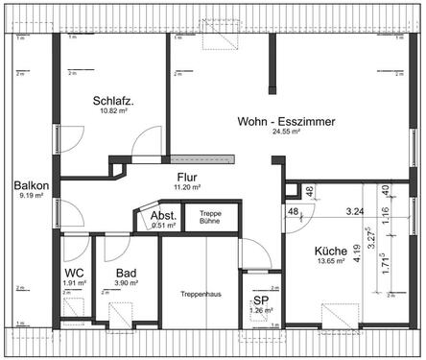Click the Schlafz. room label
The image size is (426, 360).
[x=113, y=101]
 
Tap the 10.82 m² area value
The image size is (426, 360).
[x=113, y=112]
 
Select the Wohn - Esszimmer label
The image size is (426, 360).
[x=284, y=121]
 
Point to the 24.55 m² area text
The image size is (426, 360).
[x=286, y=132]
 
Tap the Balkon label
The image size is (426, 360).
[x=28, y=185]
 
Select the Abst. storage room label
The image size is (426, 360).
[x=163, y=217]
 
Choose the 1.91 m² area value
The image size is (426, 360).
[x=76, y=284]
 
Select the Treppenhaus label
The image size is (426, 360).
[x=200, y=295]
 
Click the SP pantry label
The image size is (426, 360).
[x=259, y=300]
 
